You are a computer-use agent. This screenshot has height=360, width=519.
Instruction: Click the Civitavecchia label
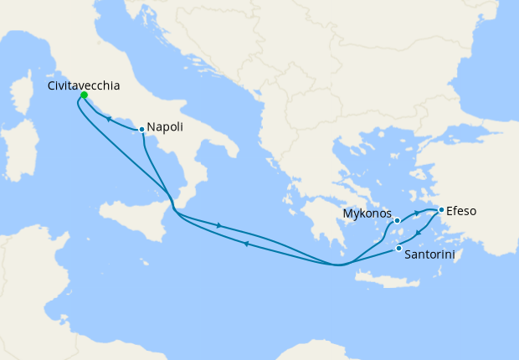(x=84, y=85)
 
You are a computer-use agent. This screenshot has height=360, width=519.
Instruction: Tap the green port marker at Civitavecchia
(x=84, y=95)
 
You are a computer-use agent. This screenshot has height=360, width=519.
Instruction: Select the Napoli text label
(x=166, y=127)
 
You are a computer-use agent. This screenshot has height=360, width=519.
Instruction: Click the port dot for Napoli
(x=142, y=129)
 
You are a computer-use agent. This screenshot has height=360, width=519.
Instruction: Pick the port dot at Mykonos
(x=398, y=221)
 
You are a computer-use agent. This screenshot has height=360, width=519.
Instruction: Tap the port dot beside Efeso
(x=441, y=209)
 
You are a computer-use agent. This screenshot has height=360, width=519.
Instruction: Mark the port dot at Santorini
(x=398, y=248)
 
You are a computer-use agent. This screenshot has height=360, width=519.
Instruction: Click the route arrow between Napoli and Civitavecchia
(x=109, y=120)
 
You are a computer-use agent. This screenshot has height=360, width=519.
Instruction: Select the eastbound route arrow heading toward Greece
(x=219, y=225)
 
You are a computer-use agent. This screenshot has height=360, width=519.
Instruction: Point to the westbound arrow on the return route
(x=246, y=244)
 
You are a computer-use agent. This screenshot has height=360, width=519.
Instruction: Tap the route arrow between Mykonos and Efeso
(x=416, y=214)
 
